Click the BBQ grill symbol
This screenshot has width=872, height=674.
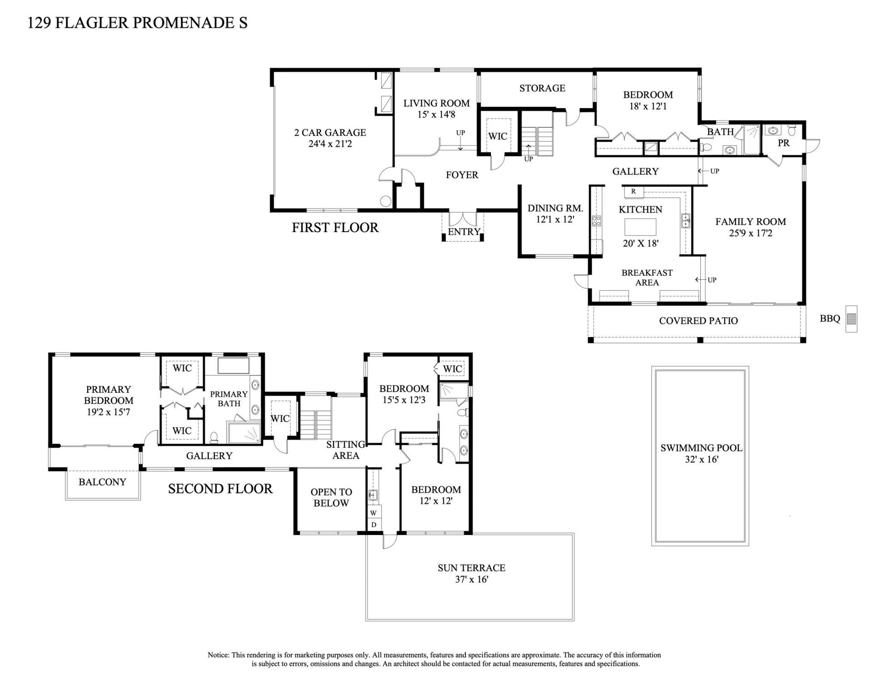pos(851,319)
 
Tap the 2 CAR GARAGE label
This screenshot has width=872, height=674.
pos(330,133)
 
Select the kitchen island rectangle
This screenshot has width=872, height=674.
pos(640,226)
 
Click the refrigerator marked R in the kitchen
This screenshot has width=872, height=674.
pos(633,192)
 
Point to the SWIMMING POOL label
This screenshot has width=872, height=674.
pos(701,448)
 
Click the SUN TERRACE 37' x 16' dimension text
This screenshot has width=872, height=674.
pos(471,580)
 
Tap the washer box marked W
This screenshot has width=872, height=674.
pos(374,513)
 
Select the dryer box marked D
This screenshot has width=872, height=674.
pos(374,525)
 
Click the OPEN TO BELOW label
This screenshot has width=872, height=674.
pos(331,497)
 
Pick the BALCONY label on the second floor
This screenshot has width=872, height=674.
pos(102,482)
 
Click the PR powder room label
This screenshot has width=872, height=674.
pos(783,143)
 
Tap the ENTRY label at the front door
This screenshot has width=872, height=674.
pos(464,232)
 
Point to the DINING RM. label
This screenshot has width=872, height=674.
pos(555,208)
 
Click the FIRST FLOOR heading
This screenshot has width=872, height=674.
pos(335,228)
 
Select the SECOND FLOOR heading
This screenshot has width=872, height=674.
pos(220,489)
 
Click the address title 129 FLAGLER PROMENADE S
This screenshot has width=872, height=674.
pos(137,23)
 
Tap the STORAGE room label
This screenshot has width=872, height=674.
pos(542,88)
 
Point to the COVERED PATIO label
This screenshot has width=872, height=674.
pos(698,321)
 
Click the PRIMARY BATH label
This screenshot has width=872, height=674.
pos(228,398)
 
